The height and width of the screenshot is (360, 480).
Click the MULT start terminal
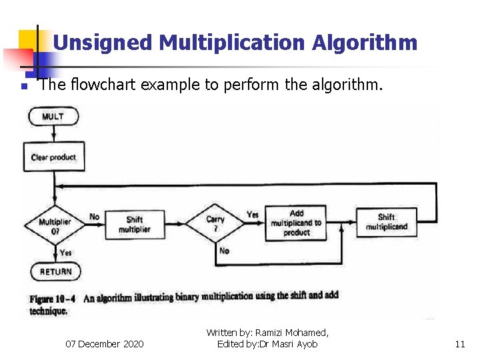click(53, 117)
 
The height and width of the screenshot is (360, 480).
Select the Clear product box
click(53, 157)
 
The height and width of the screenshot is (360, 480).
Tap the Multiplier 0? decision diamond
click(54, 225)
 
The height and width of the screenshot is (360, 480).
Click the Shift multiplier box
click(134, 225)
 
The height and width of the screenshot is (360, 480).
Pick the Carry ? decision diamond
click(215, 223)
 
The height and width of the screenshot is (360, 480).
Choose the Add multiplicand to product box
click(296, 223)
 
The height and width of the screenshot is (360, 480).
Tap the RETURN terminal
click(55, 272)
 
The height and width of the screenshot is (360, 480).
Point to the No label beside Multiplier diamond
click(95, 217)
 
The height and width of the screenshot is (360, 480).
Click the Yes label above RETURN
click(66, 253)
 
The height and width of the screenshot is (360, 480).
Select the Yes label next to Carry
click(252, 215)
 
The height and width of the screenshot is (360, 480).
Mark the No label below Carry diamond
click(224, 251)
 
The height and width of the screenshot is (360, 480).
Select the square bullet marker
click(23, 87)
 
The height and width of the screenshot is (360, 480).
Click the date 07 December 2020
click(104, 344)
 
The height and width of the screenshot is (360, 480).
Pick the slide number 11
click(459, 344)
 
